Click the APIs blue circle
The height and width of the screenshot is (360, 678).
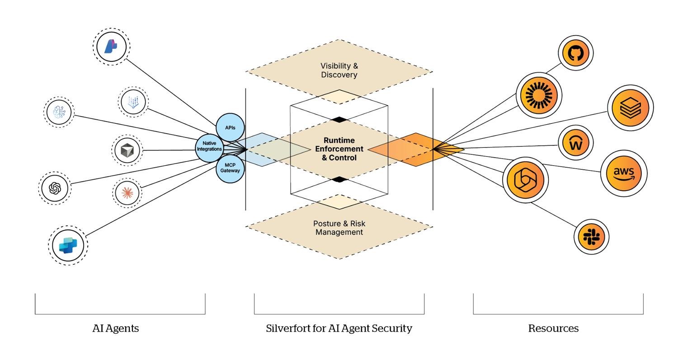[x=230, y=127]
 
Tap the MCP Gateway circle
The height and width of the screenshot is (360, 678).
[x=231, y=168]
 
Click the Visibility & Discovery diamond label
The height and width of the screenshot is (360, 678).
[x=339, y=70]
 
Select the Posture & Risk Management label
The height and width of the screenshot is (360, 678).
[x=339, y=228]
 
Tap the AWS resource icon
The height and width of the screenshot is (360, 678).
[x=624, y=172]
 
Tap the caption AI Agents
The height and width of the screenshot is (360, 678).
[x=115, y=328]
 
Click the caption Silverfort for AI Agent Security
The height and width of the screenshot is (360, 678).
[x=339, y=328]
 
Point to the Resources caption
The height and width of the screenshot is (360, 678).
[x=553, y=328]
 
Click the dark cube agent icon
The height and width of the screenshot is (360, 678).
[x=127, y=150]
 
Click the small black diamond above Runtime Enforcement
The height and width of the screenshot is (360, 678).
[x=339, y=119]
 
